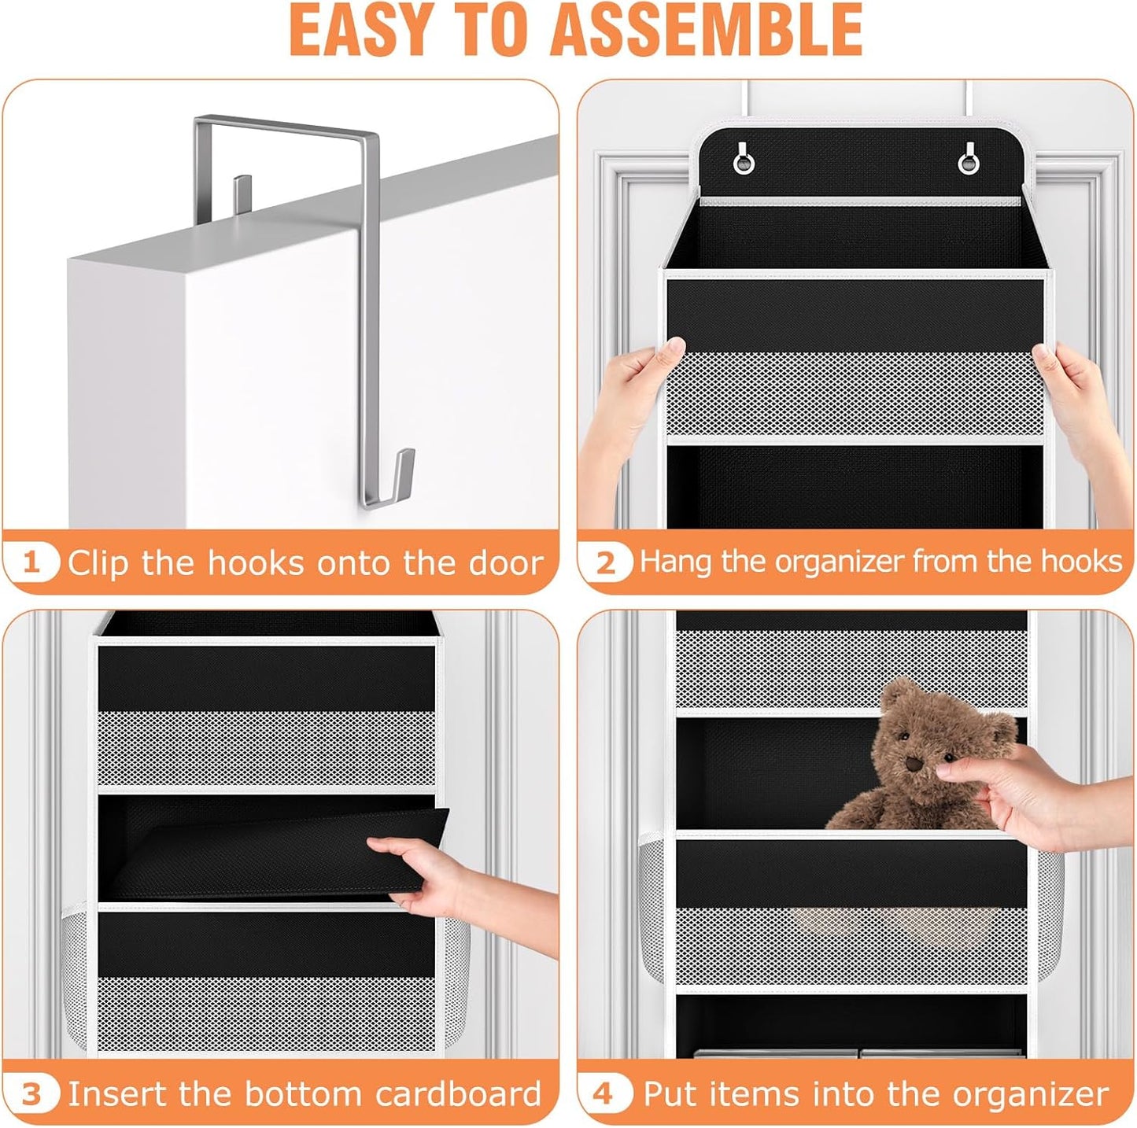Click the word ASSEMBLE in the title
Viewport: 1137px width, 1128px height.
(706, 30)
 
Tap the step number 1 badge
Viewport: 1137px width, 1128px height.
(31, 562)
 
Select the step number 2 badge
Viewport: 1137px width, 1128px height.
(605, 562)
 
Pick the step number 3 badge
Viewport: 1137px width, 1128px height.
(31, 1094)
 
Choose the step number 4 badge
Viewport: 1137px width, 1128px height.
(603, 1094)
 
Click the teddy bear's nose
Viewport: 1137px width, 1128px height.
(913, 764)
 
